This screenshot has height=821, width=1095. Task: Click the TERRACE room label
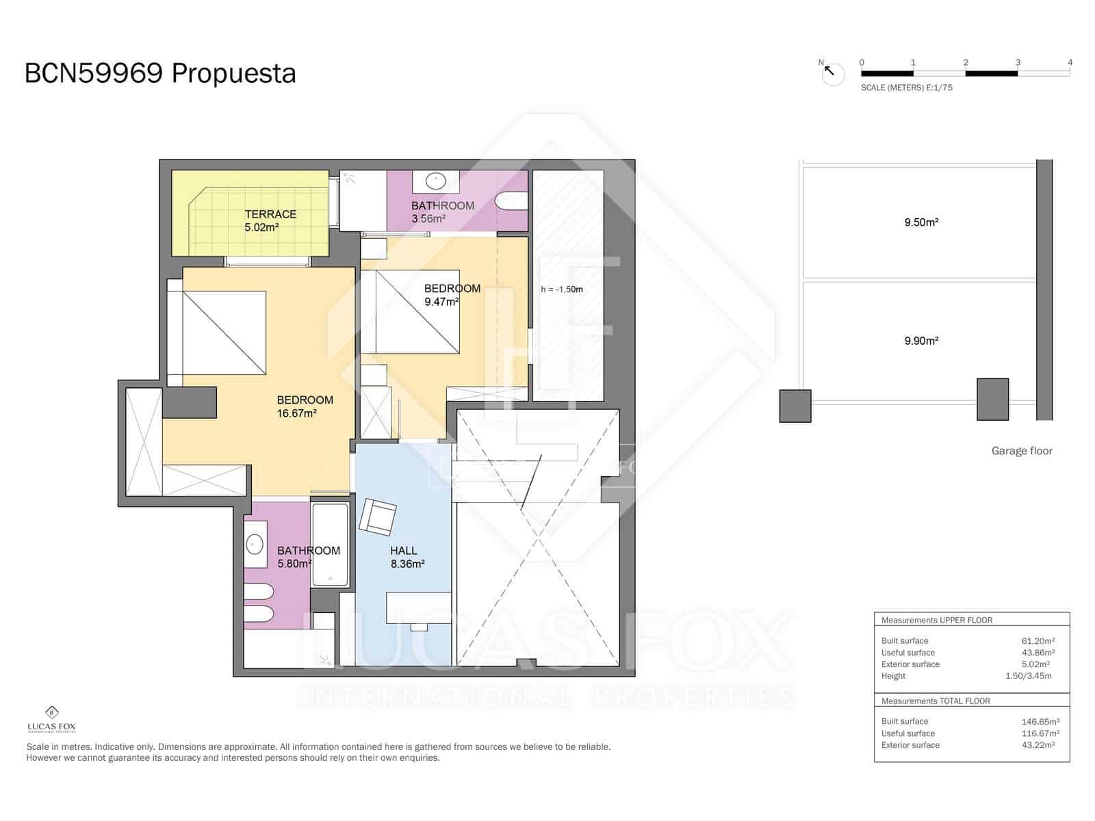coord(270,214)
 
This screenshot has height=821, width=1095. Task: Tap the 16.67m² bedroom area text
coord(296,413)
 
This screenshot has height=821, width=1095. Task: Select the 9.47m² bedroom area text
coord(441,301)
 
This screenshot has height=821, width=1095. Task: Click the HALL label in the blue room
coord(404,550)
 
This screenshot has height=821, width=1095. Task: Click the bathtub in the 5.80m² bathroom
coord(331,545)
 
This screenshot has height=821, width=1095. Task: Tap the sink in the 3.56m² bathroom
coord(436,181)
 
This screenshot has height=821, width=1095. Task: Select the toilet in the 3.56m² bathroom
coord(513,201)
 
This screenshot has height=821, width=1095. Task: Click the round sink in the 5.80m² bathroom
coord(255,545)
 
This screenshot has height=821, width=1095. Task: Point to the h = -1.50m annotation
coord(562,289)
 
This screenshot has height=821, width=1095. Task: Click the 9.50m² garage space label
coord(921,222)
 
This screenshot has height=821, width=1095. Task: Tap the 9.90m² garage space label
coord(921,341)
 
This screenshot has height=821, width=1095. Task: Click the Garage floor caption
coord(1022,451)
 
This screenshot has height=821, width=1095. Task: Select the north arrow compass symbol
coord(832,73)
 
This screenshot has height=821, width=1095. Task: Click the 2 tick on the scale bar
coord(966,63)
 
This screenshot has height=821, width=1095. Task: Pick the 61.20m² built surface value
coord(1038,641)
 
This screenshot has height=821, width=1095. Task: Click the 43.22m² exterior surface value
coord(1038,745)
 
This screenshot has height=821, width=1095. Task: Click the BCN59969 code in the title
coord(93,73)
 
